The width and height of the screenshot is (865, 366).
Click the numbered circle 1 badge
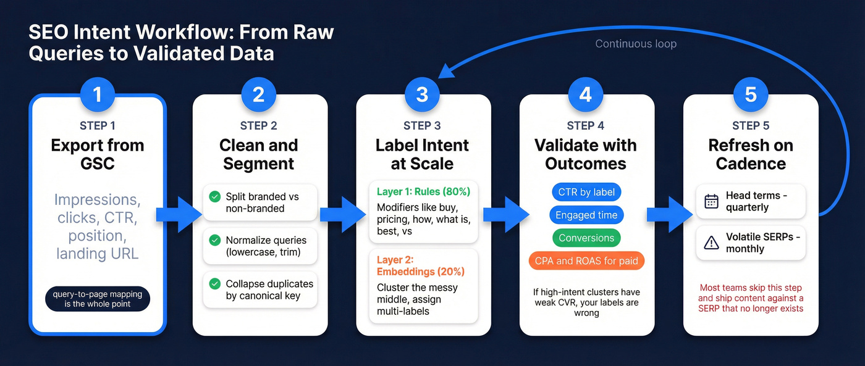click(x=97, y=94)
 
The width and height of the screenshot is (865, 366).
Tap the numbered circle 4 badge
click(x=586, y=94)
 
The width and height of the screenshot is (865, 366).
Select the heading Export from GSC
click(x=97, y=154)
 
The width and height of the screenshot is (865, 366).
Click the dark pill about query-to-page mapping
click(x=97, y=299)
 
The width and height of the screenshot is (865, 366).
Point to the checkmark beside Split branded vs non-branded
click(x=214, y=197)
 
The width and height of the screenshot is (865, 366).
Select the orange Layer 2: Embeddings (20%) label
click(x=420, y=265)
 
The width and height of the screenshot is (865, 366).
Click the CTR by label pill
click(x=585, y=192)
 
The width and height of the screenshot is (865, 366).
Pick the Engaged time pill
click(x=586, y=215)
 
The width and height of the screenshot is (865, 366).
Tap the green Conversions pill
click(x=586, y=238)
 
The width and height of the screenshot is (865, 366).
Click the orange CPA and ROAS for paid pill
click(x=586, y=260)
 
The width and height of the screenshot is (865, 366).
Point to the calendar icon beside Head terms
click(x=711, y=201)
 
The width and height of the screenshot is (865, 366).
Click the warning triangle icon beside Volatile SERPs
click(x=711, y=243)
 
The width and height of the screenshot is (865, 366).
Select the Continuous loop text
click(x=635, y=44)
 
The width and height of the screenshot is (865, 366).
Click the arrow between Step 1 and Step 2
click(x=179, y=214)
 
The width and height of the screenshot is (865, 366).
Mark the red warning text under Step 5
click(x=751, y=297)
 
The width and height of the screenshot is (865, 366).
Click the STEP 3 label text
click(x=422, y=126)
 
